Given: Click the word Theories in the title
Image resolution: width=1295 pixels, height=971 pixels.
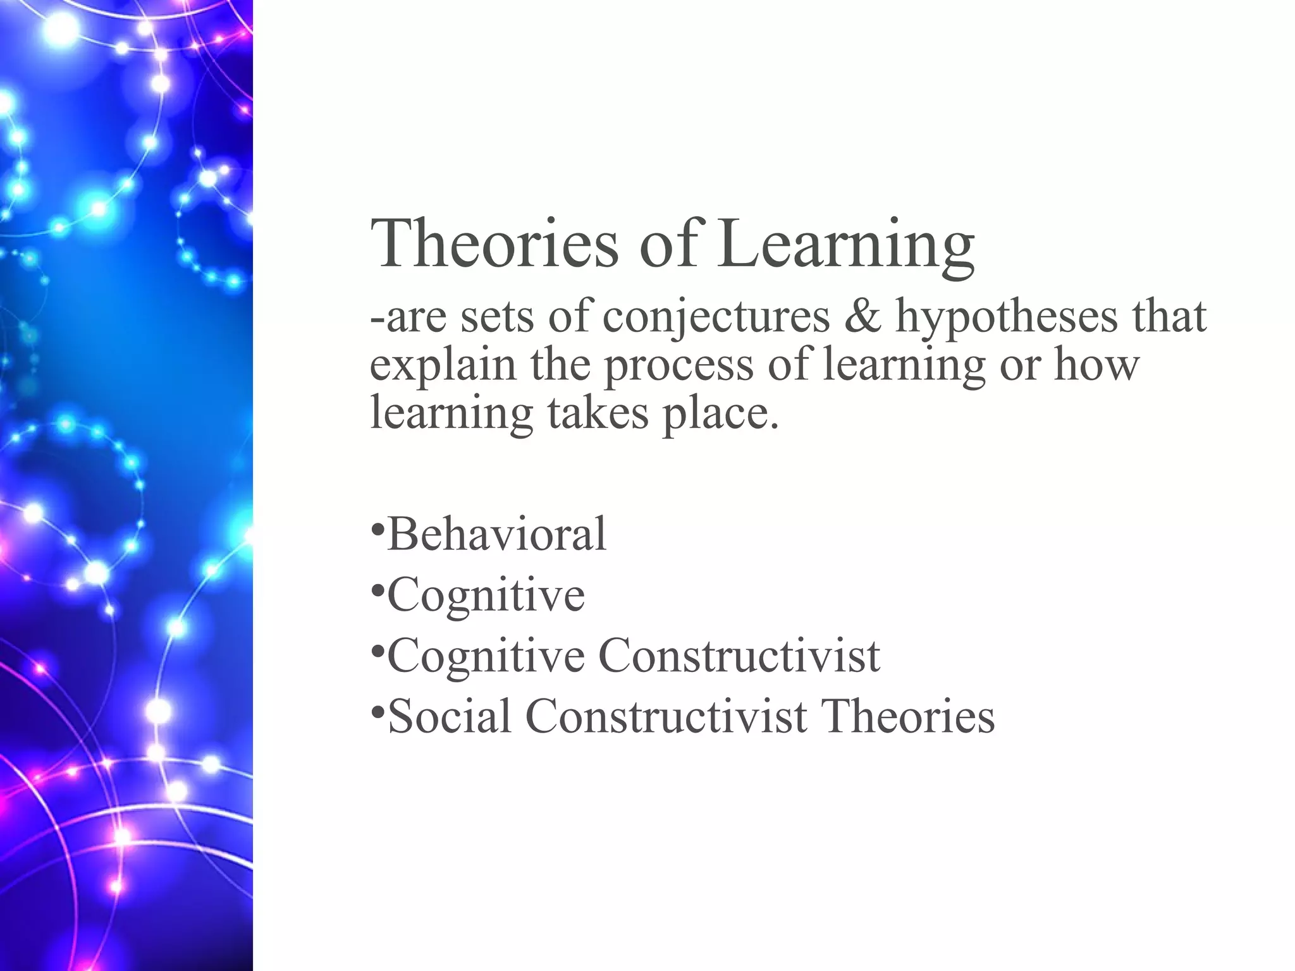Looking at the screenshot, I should pyautogui.click(x=494, y=244).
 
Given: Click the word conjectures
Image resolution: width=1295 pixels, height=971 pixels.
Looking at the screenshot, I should pyautogui.click(x=716, y=317).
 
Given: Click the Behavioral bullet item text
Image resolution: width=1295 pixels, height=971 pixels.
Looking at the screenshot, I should pyautogui.click(x=496, y=534).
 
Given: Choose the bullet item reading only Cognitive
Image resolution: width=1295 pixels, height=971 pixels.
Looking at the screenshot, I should pyautogui.click(x=486, y=596).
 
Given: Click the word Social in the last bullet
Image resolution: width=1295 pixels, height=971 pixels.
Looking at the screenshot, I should pyautogui.click(x=450, y=717).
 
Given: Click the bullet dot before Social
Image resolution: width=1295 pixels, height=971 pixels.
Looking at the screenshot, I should pyautogui.click(x=377, y=712).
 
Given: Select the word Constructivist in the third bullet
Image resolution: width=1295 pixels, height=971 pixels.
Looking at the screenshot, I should pyautogui.click(x=739, y=656).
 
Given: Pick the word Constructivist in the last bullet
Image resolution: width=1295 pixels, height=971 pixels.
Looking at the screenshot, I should pyautogui.click(x=666, y=717).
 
